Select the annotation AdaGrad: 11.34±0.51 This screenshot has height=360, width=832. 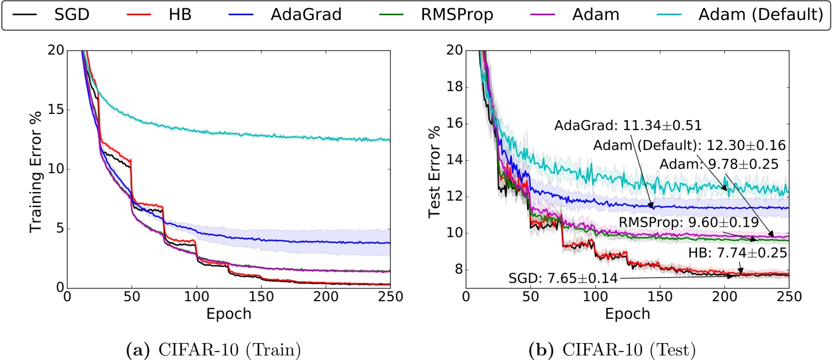(628, 126)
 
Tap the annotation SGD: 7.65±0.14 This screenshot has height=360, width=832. (563, 278)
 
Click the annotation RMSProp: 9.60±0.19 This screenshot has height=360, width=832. (689, 223)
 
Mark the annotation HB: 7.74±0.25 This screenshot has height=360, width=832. (738, 253)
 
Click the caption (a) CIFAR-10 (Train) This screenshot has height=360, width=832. (214, 350)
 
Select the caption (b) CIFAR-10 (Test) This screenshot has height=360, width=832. (612, 350)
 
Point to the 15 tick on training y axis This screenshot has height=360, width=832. (56, 110)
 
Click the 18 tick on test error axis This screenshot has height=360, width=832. (454, 87)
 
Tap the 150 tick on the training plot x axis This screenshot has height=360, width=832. (261, 297)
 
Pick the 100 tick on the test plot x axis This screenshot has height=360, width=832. (595, 297)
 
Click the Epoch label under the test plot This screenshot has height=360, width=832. (627, 314)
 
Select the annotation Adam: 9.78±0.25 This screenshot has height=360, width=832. (719, 164)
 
